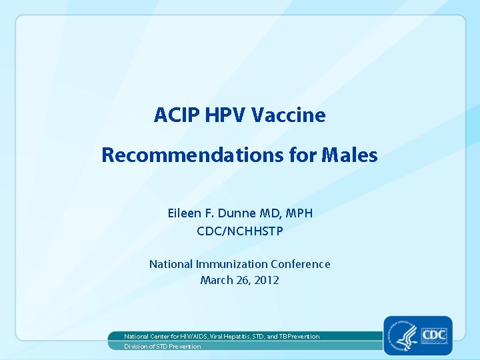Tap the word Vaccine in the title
click(x=289, y=115)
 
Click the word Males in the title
click(x=350, y=155)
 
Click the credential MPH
click(x=297, y=213)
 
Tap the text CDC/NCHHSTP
click(x=240, y=231)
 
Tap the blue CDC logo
click(x=435, y=335)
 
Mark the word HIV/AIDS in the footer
click(x=191, y=337)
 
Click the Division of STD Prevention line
click(x=163, y=347)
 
